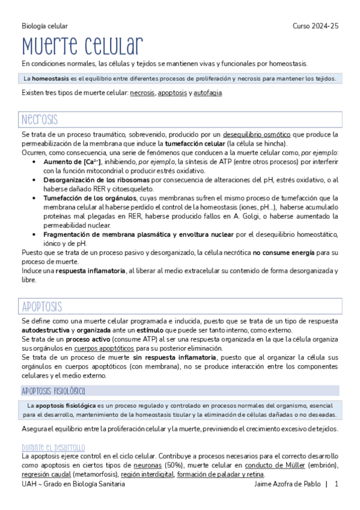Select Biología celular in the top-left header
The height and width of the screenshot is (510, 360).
coord(44,26)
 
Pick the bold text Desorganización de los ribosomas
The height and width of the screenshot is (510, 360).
coord(96,180)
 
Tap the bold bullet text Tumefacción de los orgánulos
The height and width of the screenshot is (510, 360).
coord(90,198)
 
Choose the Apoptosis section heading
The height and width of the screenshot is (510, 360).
coord(42,306)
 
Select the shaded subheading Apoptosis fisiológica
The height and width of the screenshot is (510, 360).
coord(53,390)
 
